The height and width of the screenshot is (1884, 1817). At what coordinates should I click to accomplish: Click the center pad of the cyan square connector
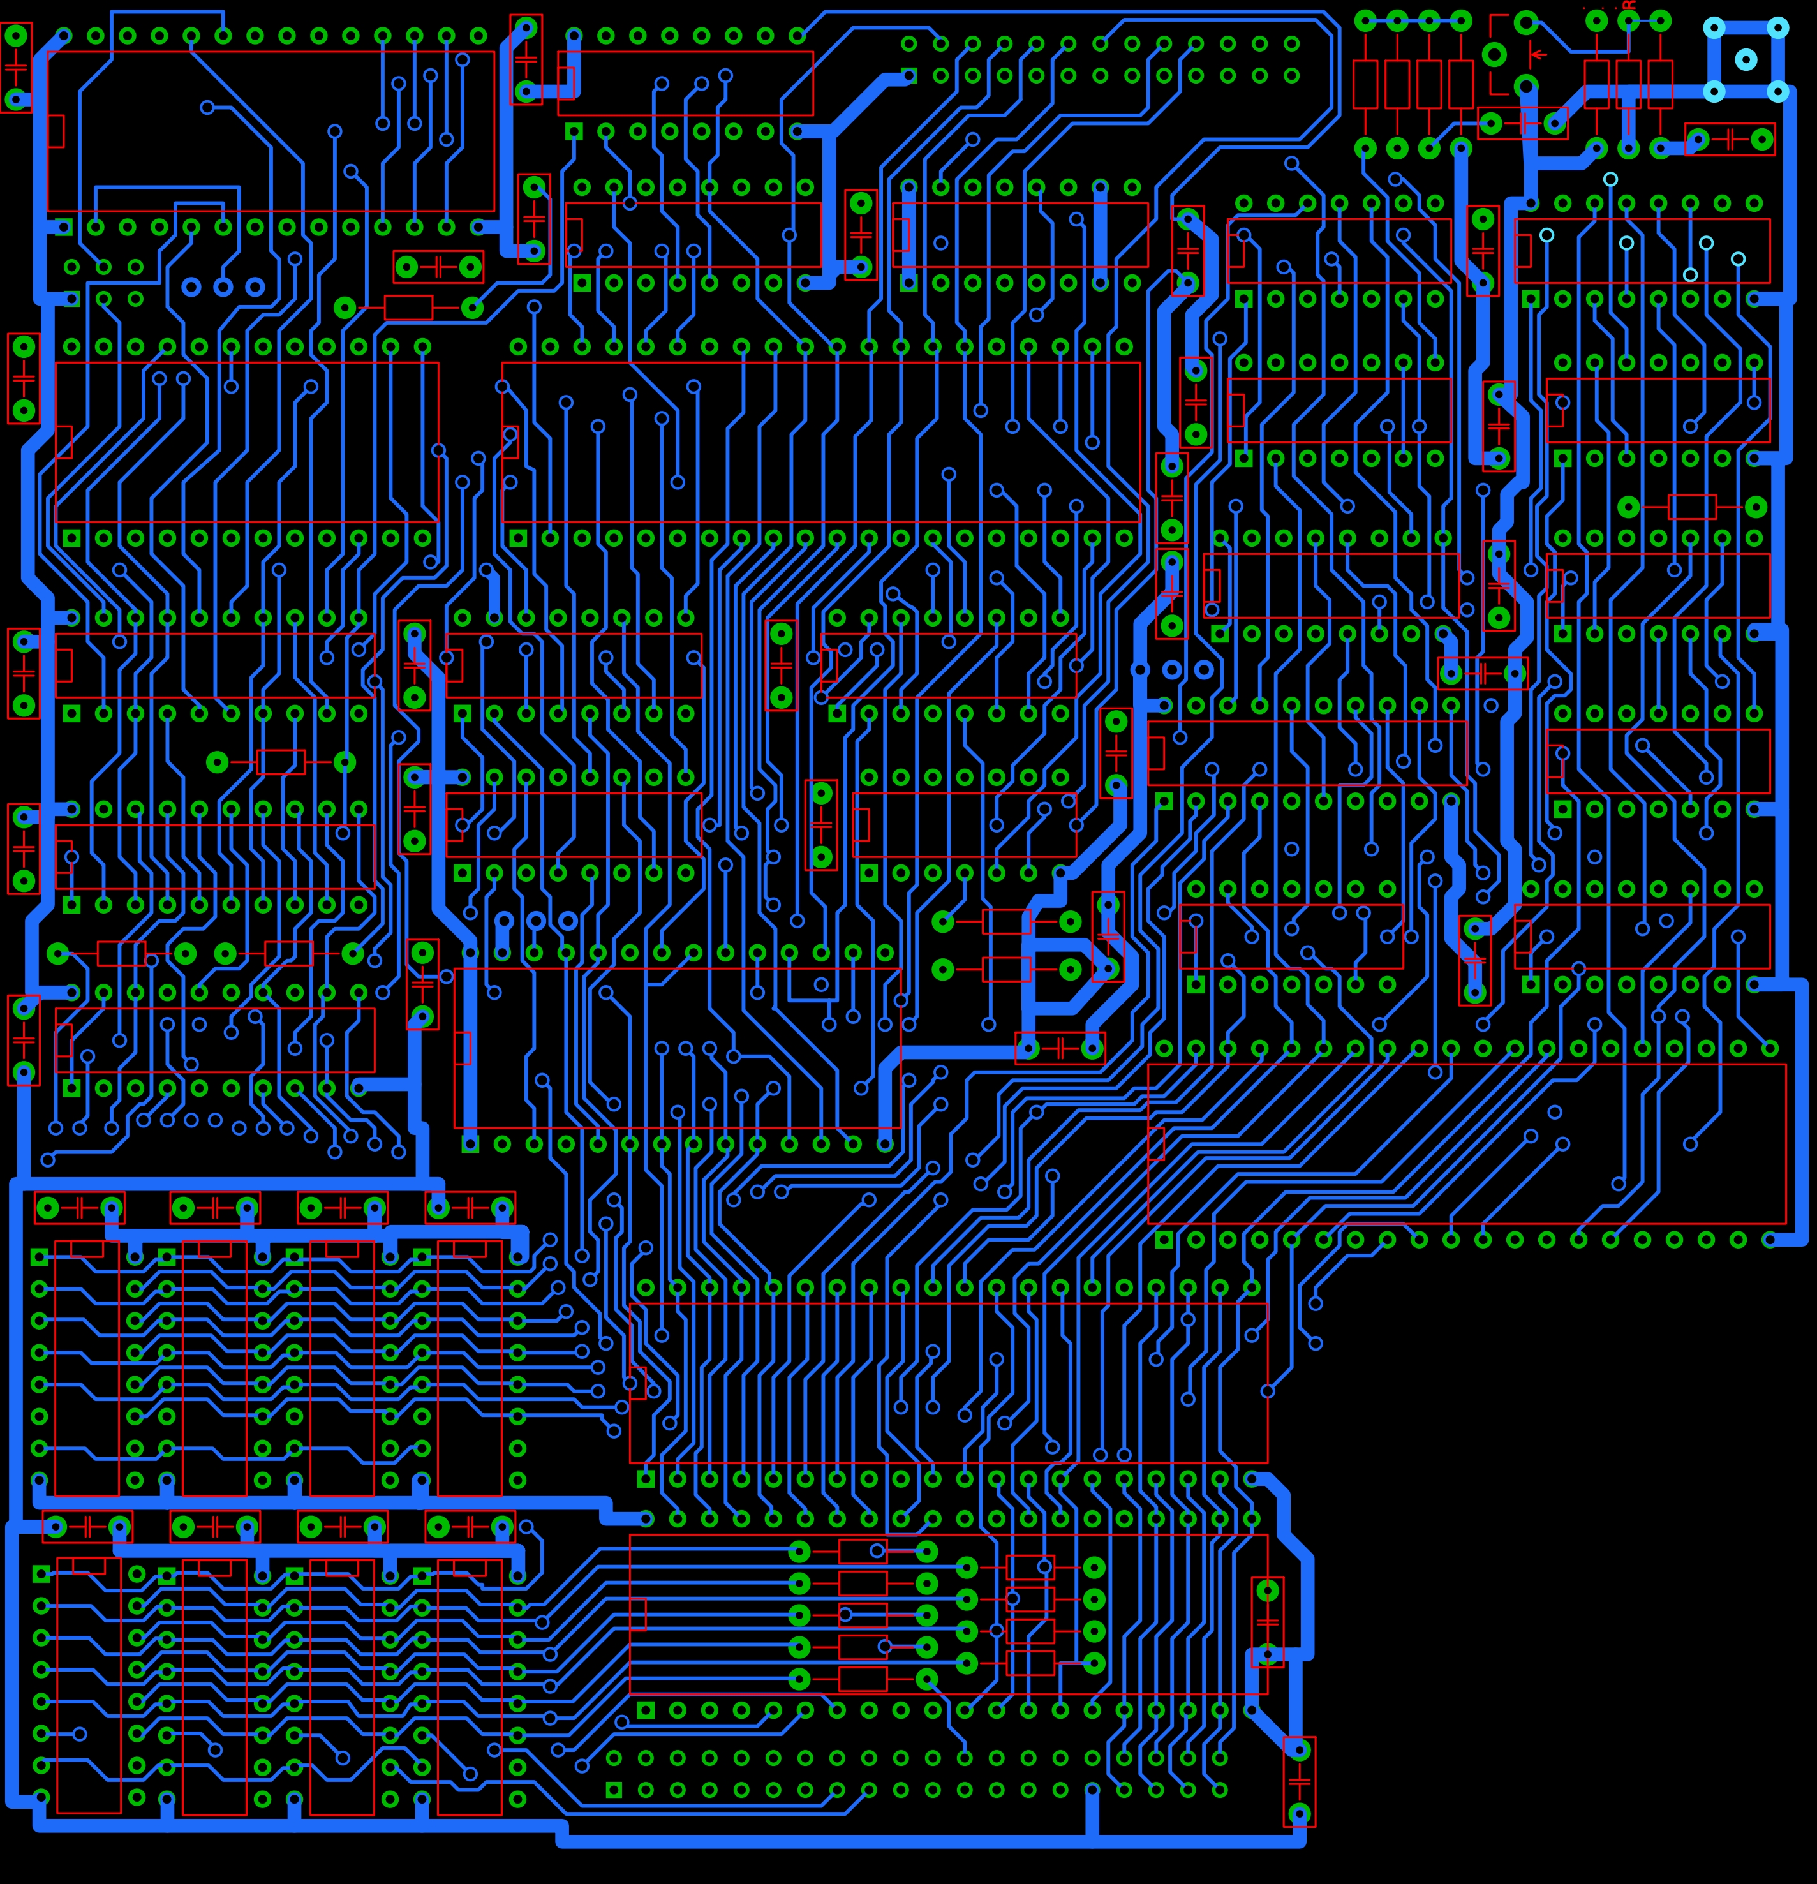click(1746, 59)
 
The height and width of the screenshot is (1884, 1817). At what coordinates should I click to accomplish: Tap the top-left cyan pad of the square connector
click(1714, 28)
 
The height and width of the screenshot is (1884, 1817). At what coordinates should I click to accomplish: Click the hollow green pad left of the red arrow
click(1494, 55)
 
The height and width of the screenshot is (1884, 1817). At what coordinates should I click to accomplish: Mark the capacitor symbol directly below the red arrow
click(1523, 123)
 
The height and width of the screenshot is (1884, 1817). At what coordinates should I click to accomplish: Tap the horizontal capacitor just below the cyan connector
click(1730, 139)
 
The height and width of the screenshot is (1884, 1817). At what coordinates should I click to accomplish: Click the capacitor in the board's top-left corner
click(17, 67)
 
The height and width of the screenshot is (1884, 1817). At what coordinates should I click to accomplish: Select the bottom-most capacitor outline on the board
click(1299, 1781)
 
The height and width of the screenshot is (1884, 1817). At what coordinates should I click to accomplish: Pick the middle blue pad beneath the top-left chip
click(223, 286)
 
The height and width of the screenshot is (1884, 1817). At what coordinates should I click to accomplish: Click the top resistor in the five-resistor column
click(863, 1552)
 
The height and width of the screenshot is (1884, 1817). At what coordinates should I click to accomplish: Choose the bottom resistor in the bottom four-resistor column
click(1030, 1663)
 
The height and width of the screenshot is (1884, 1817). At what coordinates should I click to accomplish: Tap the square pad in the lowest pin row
click(614, 1790)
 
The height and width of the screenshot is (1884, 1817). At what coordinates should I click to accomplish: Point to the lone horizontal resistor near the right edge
click(1691, 507)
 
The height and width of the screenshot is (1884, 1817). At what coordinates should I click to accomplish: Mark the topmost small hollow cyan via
click(1610, 179)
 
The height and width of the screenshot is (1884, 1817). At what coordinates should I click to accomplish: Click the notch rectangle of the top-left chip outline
click(56, 131)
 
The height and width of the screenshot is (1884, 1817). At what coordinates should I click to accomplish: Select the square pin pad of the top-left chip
click(63, 227)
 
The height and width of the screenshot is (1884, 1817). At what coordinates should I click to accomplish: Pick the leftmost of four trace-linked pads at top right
click(1365, 20)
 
